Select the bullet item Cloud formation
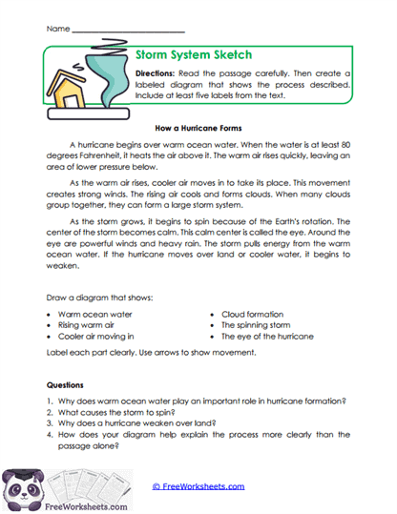252,314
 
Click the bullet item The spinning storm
255,325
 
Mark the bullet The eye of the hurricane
266,337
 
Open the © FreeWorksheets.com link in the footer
198,486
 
